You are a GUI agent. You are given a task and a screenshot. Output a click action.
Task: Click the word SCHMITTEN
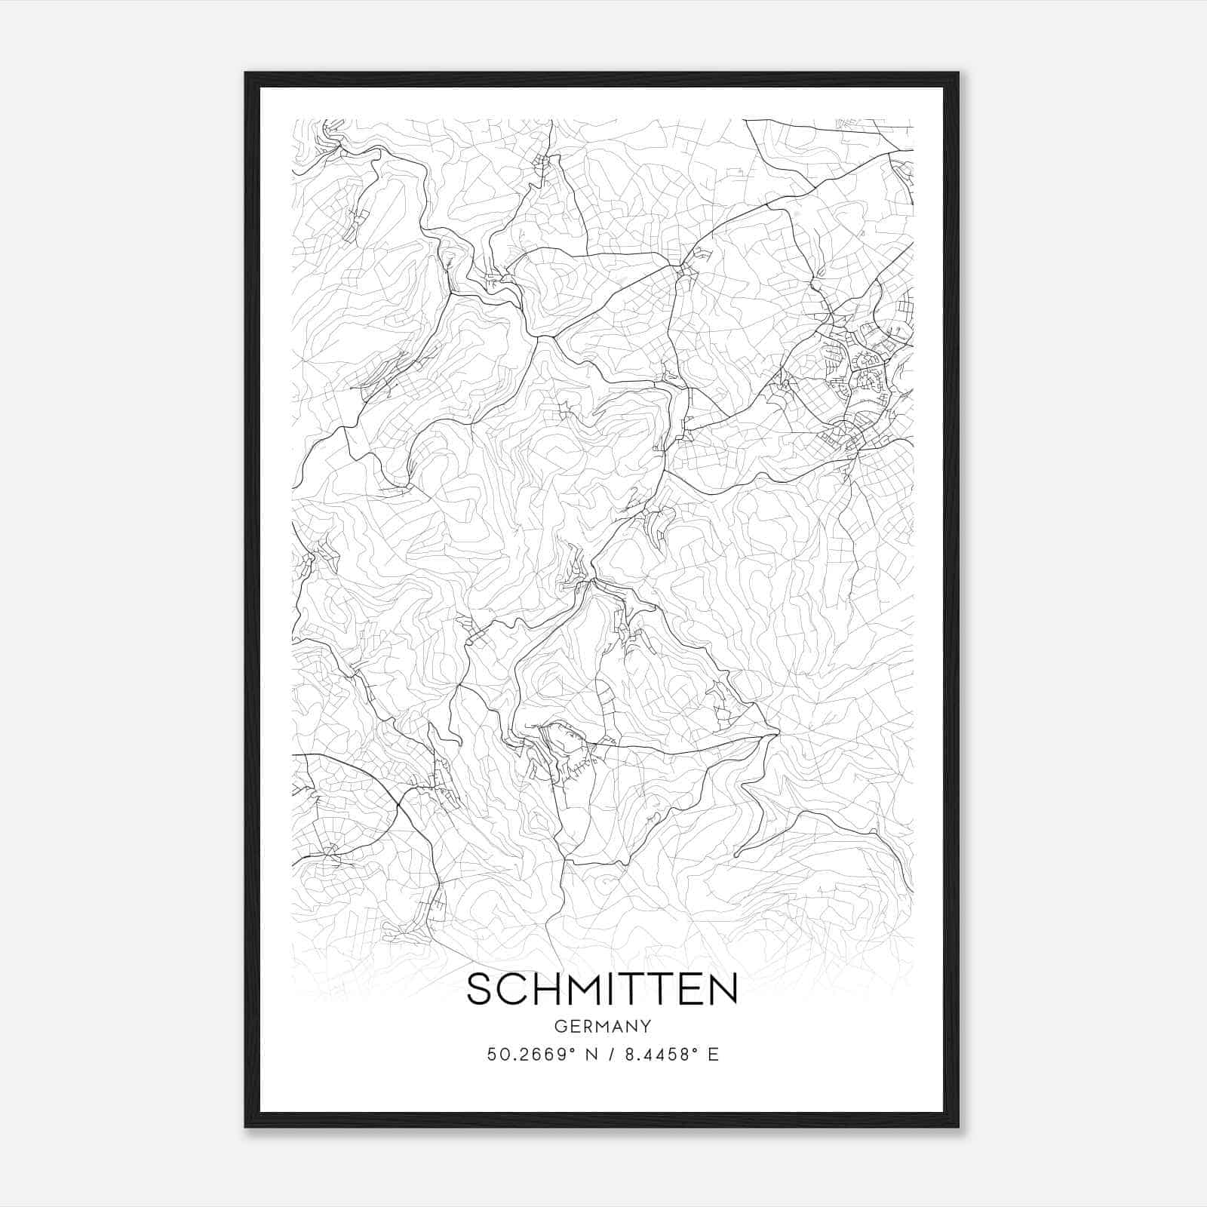[602, 990]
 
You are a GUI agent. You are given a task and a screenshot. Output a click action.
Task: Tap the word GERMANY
[603, 1027]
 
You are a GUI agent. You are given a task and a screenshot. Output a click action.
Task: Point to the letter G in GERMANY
[560, 1027]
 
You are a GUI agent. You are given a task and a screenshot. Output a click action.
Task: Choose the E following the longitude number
[713, 1055]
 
